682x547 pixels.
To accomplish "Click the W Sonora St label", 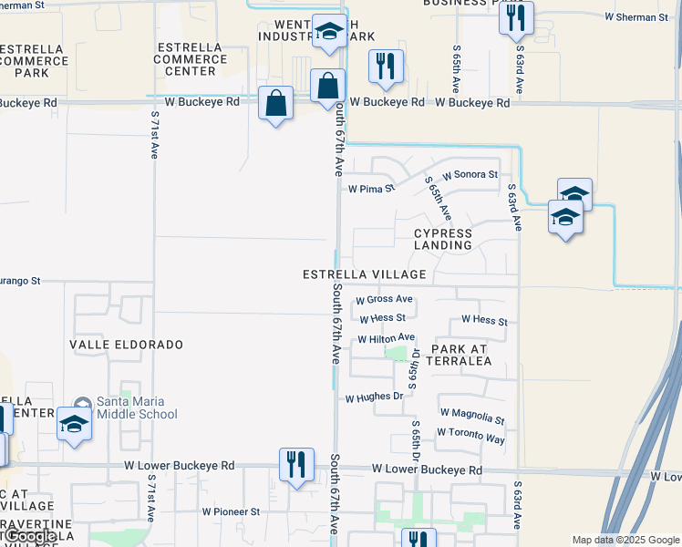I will pyautogui.click(x=470, y=174).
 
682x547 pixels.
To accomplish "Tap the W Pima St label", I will pyautogui.click(x=372, y=190).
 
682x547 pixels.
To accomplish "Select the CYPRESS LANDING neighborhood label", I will pyautogui.click(x=443, y=239).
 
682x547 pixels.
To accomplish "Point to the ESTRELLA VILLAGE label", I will pyautogui.click(x=366, y=274).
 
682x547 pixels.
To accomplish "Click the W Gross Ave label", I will pyautogui.click(x=384, y=299).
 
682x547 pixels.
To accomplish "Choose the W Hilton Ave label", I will pyautogui.click(x=386, y=338).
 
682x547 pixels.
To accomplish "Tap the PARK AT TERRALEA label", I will pyautogui.click(x=461, y=355).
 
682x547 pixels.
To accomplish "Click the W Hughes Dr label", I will pyautogui.click(x=374, y=397).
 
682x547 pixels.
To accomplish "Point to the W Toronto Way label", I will pyautogui.click(x=470, y=438).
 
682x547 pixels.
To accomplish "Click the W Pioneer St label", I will pyautogui.click(x=231, y=511).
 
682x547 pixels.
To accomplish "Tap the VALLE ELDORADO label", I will pyautogui.click(x=127, y=345).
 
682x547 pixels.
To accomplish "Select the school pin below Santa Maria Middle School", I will pyautogui.click(x=75, y=424).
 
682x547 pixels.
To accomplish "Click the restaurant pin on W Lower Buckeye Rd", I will pyautogui.click(x=296, y=466).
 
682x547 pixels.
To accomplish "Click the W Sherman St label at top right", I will pyautogui.click(x=636, y=16).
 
